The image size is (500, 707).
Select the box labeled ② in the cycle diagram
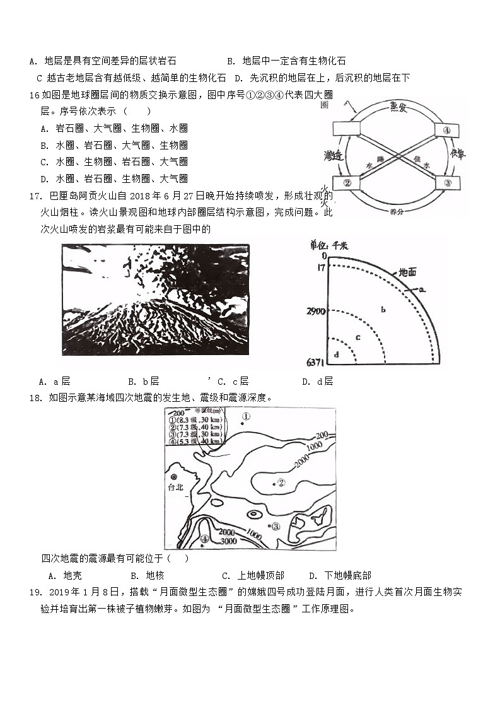pos(347,184)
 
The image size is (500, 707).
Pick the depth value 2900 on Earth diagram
pos(312,312)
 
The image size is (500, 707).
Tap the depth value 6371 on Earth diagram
pos(312,363)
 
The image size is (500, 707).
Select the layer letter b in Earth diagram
pos(383,309)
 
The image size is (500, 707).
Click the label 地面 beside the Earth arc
pos(407,272)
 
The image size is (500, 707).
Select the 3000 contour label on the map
pos(228,541)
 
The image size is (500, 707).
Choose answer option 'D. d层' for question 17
pos(317,382)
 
